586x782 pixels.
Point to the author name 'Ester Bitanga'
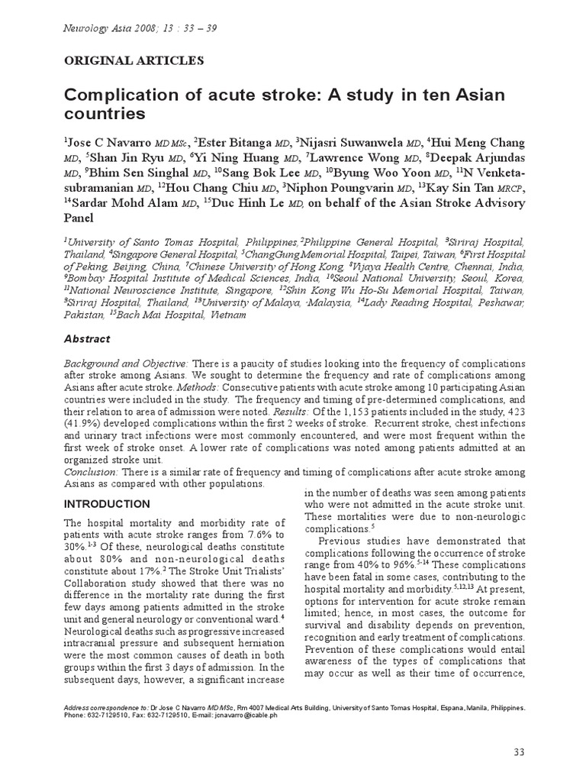[234, 143]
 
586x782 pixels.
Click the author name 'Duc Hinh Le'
[233, 203]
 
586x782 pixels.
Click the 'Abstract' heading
[86, 339]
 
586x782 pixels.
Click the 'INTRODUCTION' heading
[107, 505]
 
